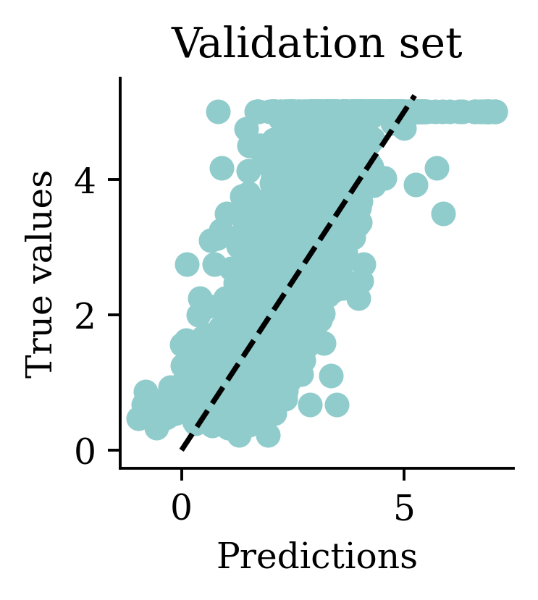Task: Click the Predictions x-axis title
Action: [x=316, y=557]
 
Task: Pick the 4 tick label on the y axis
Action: [x=86, y=179]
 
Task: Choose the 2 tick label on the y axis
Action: [x=86, y=315]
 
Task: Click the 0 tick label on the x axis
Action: [x=181, y=510]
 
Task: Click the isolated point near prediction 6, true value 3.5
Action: [x=443, y=214]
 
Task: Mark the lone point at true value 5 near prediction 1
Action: [x=218, y=112]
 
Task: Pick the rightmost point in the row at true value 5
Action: [x=496, y=112]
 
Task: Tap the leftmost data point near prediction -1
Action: [x=138, y=418]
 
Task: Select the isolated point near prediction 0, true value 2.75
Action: [x=187, y=264]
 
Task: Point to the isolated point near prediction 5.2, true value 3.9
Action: [x=416, y=185]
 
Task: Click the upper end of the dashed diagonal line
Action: [x=413, y=96]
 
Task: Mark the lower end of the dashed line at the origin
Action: [x=182, y=449]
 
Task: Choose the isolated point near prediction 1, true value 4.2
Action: [x=222, y=168]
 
